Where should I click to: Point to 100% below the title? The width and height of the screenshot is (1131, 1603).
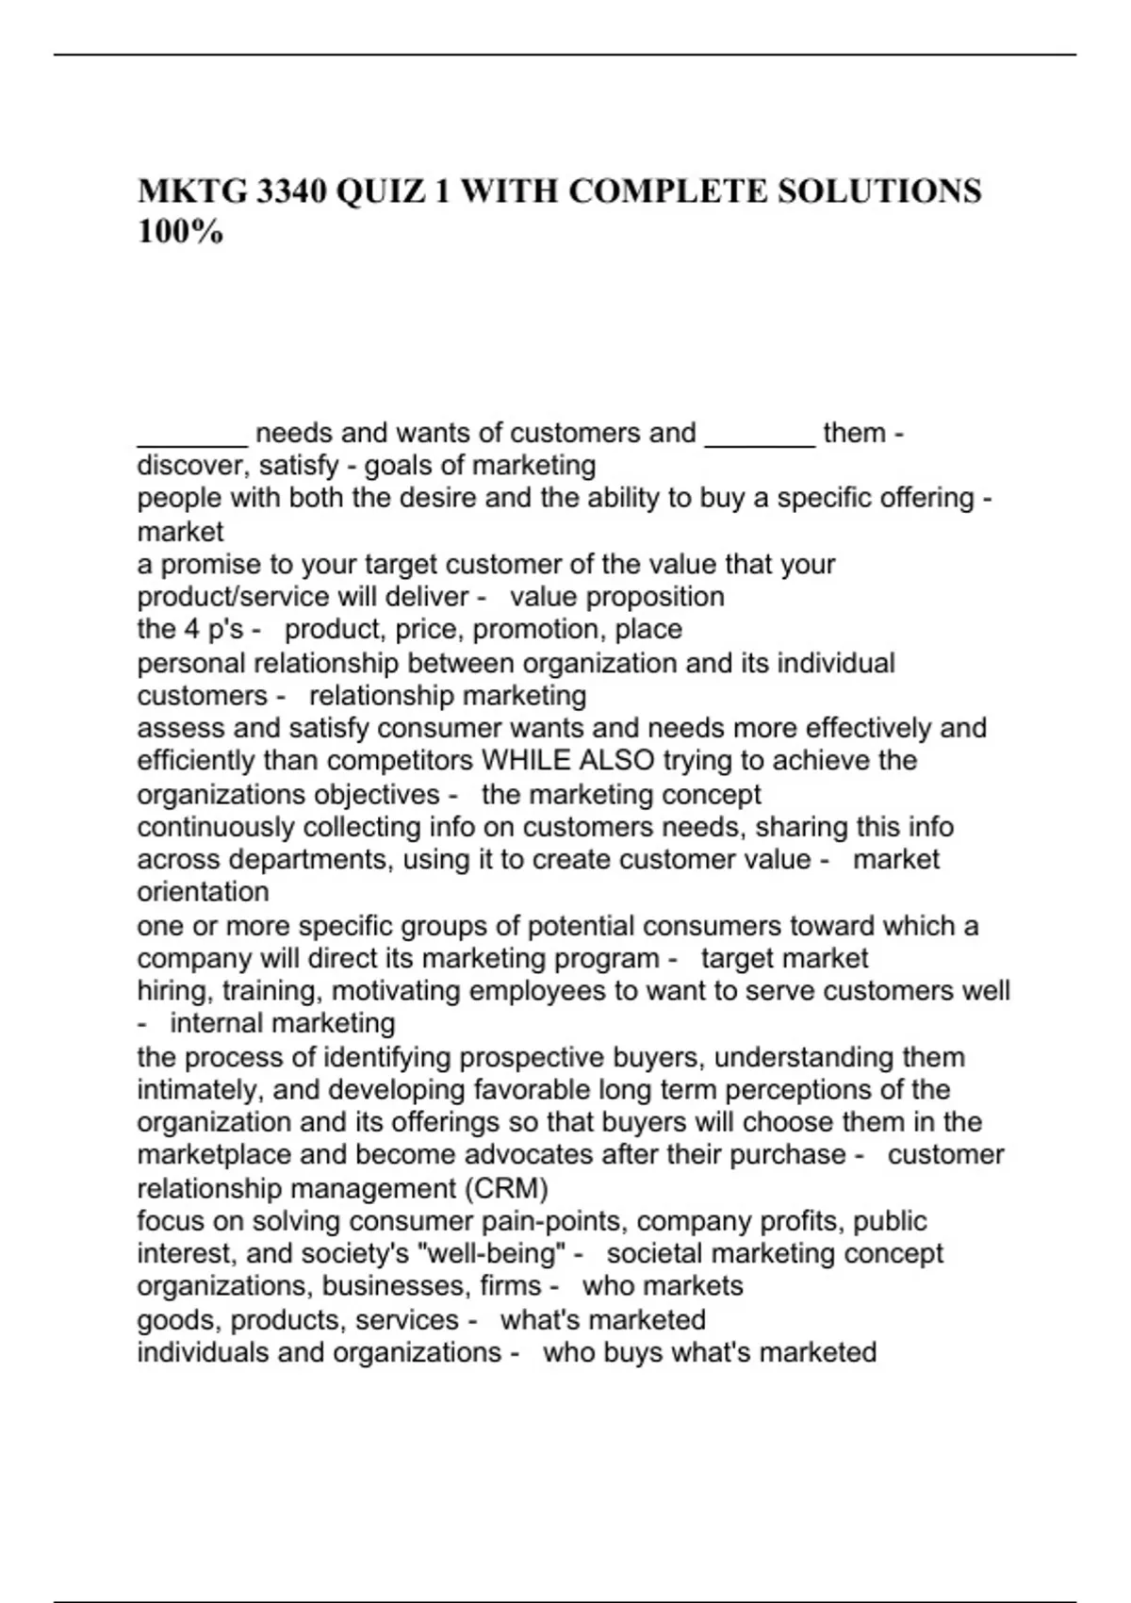(x=180, y=232)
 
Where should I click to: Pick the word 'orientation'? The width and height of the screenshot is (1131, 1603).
(x=203, y=892)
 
